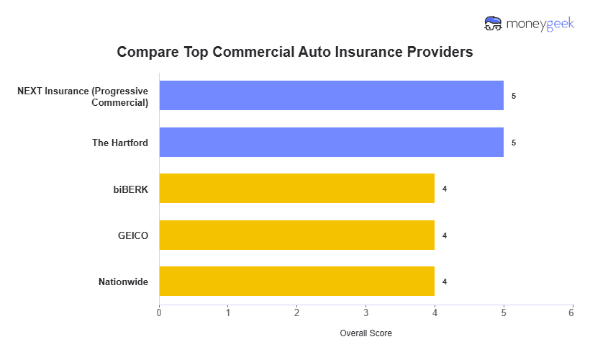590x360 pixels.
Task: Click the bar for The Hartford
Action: [x=331, y=143]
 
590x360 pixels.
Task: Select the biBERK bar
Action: [x=296, y=189]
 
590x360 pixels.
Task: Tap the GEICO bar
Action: [x=296, y=235]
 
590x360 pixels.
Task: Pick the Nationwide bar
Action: [x=296, y=282]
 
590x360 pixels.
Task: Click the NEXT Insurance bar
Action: [x=331, y=96]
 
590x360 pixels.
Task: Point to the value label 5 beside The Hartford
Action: [x=514, y=143]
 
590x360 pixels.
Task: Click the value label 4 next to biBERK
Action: [x=445, y=189]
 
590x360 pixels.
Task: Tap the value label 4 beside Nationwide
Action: [x=445, y=282]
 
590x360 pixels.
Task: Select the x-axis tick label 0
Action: [x=159, y=312]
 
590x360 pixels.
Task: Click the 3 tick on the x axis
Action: [x=366, y=312]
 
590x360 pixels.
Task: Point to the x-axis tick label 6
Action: [x=571, y=312]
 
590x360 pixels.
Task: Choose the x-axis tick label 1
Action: [x=228, y=312]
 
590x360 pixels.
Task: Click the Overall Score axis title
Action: [x=366, y=333]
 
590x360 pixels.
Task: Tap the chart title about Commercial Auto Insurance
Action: [x=295, y=53]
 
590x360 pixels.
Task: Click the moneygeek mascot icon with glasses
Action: [x=493, y=24]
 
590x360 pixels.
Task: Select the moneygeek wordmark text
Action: [x=538, y=24]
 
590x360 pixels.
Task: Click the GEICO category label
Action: [x=133, y=235]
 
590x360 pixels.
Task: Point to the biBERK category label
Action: [x=130, y=189]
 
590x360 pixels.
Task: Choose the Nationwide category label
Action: [x=123, y=282]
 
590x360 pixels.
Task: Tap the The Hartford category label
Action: [x=120, y=143]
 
